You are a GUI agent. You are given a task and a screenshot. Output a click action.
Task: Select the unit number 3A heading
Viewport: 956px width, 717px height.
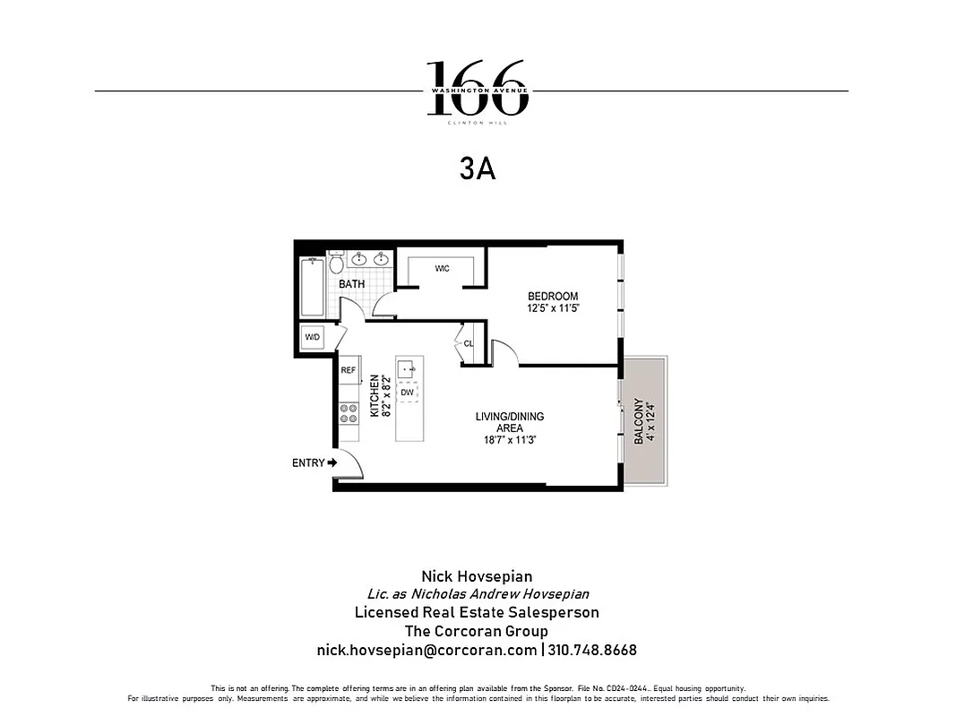coord(478,169)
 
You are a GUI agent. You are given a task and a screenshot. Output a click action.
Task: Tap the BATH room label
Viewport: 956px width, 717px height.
coord(352,284)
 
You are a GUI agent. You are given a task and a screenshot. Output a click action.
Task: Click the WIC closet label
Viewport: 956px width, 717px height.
coord(442,269)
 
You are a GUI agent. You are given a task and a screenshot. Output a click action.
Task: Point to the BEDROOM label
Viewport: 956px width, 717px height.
coord(553,297)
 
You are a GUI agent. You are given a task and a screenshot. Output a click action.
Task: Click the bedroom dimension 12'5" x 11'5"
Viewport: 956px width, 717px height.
coord(553,309)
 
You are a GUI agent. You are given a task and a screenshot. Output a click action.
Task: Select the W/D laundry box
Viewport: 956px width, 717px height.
coord(313,338)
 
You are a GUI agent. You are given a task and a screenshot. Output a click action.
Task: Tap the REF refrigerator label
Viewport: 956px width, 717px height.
coord(349,369)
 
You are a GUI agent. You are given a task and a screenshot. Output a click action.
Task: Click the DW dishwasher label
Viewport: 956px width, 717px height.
coord(408,393)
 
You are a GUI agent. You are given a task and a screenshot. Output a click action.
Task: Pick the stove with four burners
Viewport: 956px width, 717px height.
coord(349,413)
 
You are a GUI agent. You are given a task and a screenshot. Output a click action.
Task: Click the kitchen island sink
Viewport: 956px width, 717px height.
coord(408,367)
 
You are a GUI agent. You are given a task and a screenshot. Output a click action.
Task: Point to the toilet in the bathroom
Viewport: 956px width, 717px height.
coord(336,263)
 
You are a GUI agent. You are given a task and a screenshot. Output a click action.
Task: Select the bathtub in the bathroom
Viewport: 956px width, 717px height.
coord(313,287)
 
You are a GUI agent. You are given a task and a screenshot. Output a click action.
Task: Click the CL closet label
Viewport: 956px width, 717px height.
coord(468,344)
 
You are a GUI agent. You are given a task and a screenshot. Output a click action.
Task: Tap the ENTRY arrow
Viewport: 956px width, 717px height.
coord(332,462)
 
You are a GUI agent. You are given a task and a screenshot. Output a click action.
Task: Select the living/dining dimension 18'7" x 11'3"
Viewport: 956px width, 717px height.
coord(509,440)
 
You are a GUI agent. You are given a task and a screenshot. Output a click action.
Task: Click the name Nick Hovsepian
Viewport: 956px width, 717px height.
coord(477,576)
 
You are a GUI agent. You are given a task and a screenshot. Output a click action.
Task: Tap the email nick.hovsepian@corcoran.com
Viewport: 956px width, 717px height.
coord(426,650)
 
